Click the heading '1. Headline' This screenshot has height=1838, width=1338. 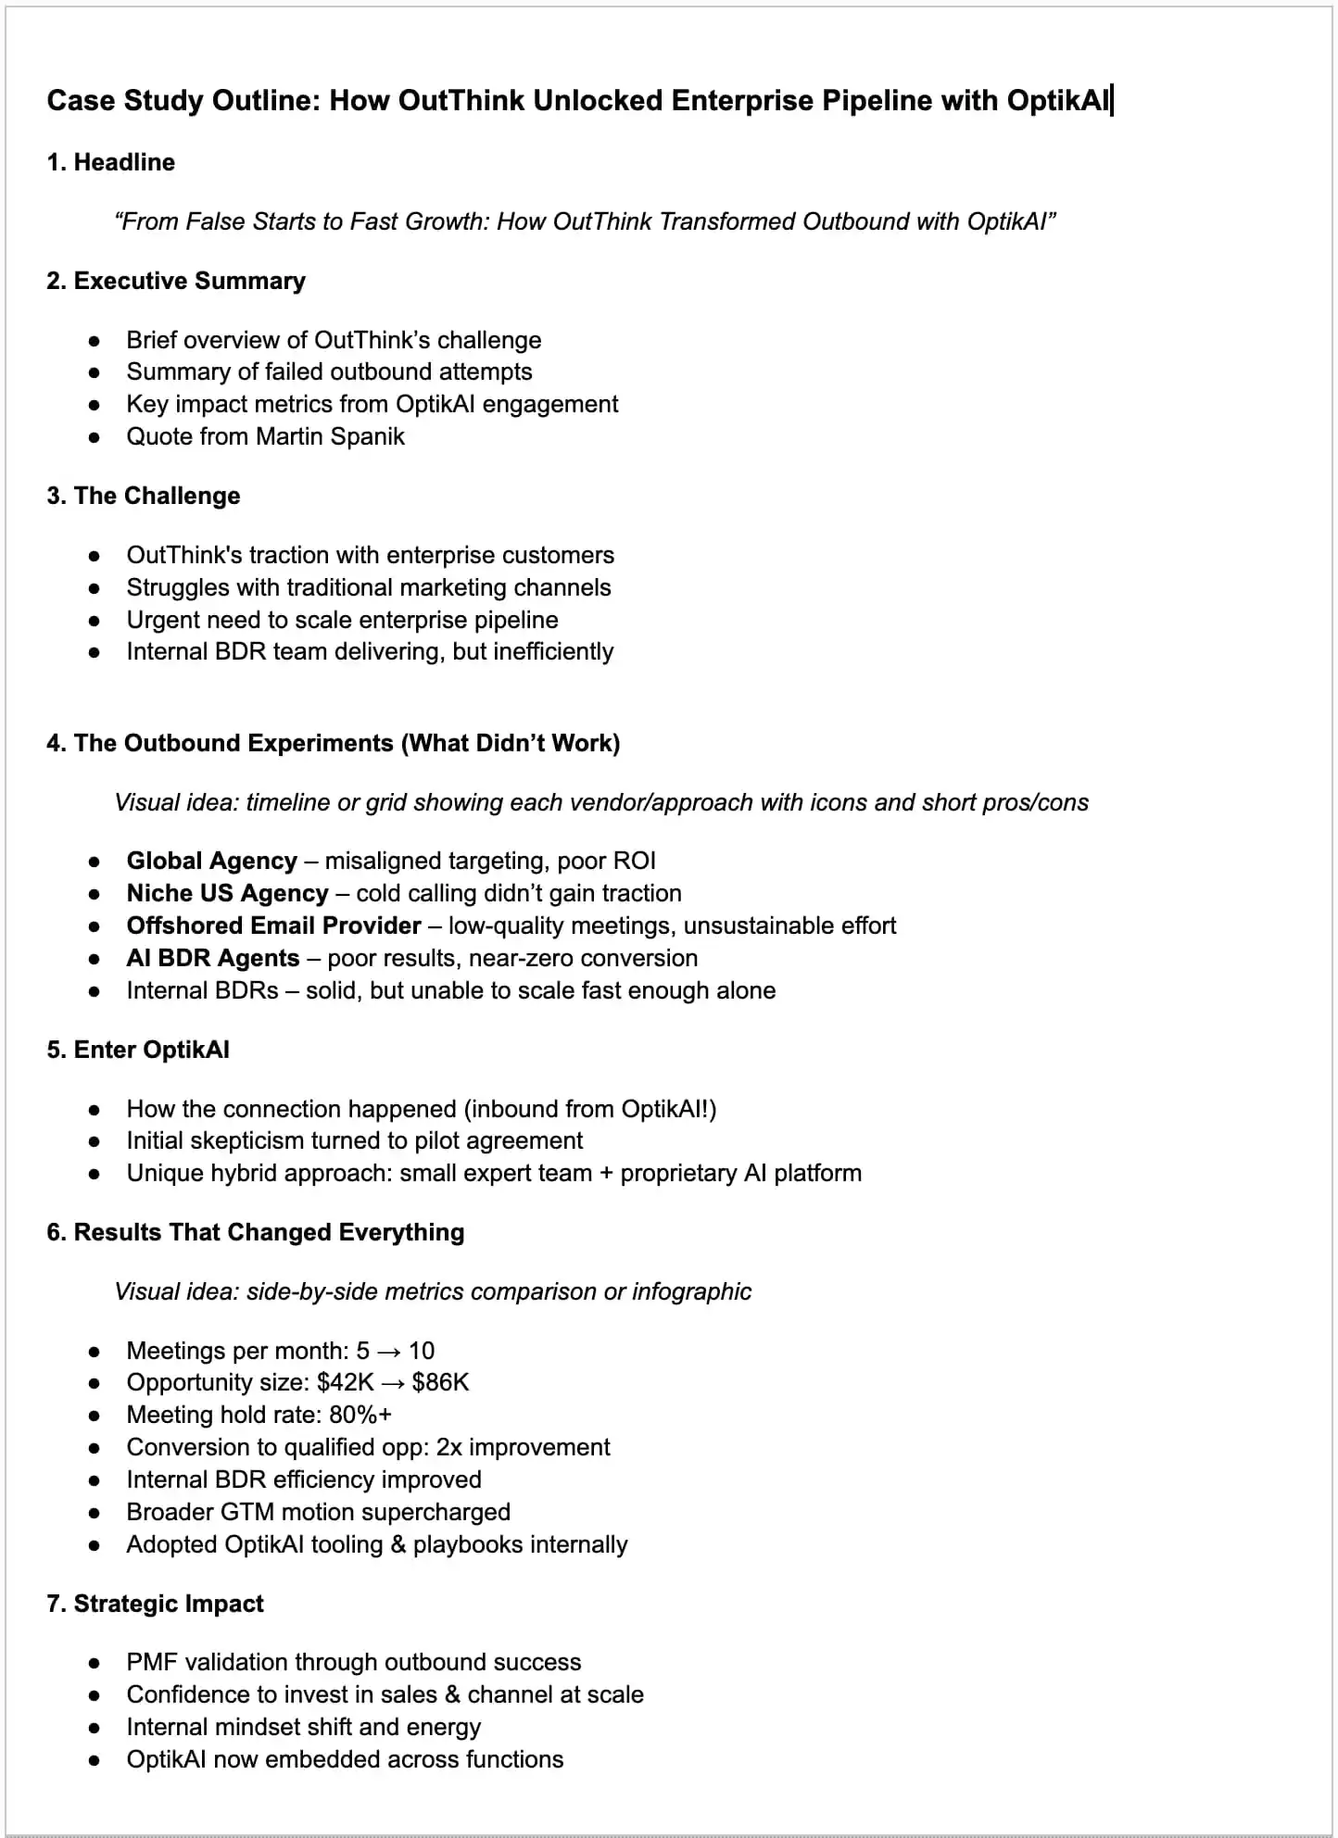110,162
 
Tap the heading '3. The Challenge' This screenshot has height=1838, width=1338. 144,496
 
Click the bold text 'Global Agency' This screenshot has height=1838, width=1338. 211,861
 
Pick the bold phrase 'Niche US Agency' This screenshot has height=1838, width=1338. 227,893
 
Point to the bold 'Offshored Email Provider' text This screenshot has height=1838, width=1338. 273,925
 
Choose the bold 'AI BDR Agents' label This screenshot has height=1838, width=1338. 213,958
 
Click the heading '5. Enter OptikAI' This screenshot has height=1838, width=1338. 138,1050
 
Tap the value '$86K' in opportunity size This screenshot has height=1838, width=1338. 440,1382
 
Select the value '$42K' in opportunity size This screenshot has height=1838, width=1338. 345,1382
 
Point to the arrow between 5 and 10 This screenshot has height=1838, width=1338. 388,1351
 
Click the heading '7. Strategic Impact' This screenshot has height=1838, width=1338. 155,1604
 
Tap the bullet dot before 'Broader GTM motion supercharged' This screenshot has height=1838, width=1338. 94,1513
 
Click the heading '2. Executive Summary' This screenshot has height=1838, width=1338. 176,281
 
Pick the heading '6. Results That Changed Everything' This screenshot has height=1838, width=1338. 256,1232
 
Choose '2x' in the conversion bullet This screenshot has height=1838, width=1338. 449,1447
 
